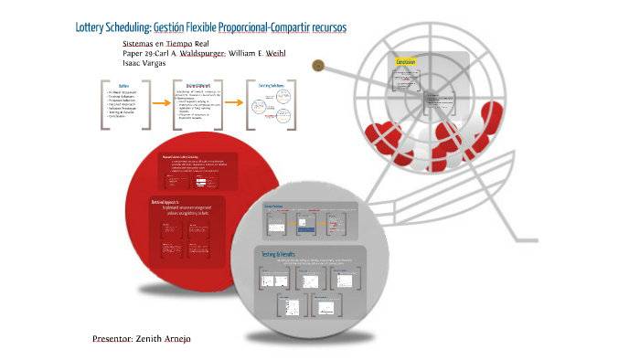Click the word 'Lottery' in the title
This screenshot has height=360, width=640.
[91, 28]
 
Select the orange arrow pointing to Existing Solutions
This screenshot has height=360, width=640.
[233, 103]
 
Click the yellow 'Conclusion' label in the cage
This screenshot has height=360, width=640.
[405, 61]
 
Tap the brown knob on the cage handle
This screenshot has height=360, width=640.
[317, 65]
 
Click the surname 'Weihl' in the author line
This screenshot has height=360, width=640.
[272, 53]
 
